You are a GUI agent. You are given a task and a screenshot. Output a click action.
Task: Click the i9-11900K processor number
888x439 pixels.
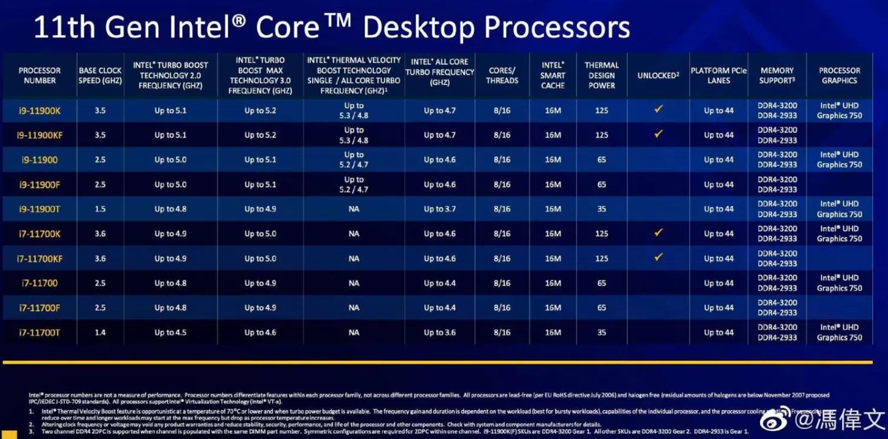[40, 111]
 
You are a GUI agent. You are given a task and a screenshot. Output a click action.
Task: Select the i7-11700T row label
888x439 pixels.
[40, 333]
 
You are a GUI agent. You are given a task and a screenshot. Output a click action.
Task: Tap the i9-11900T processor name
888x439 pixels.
[40, 209]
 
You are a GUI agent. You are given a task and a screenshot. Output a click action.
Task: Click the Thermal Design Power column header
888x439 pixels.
[601, 75]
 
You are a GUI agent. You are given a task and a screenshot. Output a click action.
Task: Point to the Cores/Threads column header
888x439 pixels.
[502, 75]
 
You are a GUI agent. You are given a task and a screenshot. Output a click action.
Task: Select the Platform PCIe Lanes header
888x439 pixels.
[718, 75]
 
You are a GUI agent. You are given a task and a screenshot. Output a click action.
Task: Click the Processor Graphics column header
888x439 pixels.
[839, 75]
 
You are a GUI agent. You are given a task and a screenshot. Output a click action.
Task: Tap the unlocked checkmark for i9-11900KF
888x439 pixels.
[658, 134]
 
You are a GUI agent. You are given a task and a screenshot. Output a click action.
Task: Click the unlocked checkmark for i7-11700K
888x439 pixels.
[658, 233]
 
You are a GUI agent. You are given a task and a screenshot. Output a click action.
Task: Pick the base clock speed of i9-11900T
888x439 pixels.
[100, 209]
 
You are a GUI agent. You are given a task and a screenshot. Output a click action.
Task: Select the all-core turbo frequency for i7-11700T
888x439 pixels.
[439, 333]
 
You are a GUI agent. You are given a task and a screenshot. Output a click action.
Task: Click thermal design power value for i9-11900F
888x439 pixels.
[601, 185]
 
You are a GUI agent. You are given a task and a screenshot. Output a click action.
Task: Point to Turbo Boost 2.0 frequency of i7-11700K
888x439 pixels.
[170, 234]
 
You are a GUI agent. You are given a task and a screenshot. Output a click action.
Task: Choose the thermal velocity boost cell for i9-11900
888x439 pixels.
[354, 160]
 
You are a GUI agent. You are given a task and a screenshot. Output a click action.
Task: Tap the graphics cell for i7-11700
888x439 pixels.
[839, 283]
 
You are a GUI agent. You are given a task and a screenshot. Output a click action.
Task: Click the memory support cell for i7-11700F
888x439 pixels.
[777, 308]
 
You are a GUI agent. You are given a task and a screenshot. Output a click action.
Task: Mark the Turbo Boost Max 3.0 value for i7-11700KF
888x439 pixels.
[260, 259]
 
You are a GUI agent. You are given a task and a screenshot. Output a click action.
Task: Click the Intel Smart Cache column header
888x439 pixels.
[553, 75]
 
